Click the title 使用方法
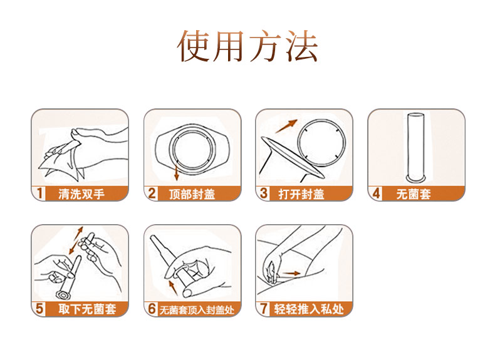pos(247,45)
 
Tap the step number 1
pos(39,193)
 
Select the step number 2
pos(152,193)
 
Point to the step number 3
pos(264,193)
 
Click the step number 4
pos(376,193)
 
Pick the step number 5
pos(39,309)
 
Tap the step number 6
pos(152,309)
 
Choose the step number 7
pos(264,309)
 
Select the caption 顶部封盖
pos(192,194)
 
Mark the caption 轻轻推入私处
pos(307,309)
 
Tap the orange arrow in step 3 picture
pos(287,125)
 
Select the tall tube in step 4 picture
pos(414,145)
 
